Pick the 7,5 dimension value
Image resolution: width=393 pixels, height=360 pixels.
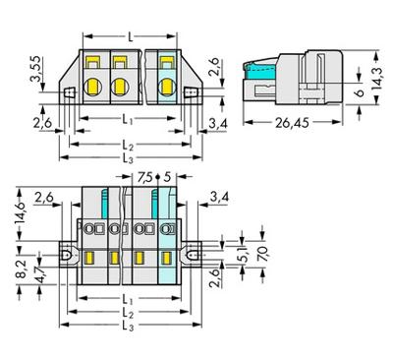(144, 178)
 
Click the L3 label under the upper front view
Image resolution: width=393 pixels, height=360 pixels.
(130, 159)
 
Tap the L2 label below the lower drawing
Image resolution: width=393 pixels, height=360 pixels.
(130, 314)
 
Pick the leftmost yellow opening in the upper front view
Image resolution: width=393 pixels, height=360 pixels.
(97, 71)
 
